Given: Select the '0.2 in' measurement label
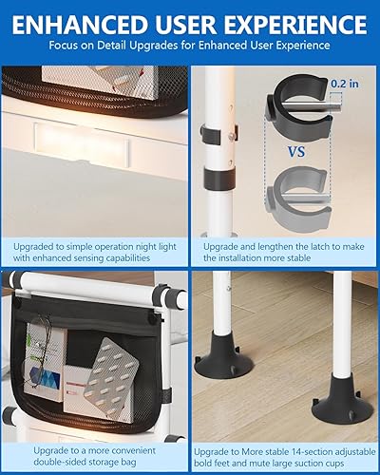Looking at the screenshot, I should click(345, 84).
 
